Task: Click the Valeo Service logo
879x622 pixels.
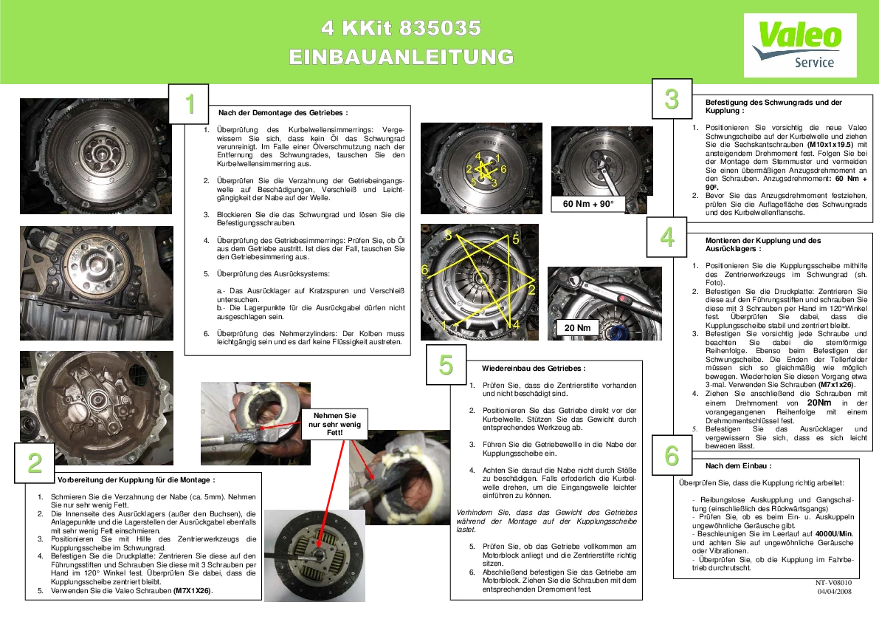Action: tap(800, 45)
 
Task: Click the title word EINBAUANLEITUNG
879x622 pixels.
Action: tap(401, 57)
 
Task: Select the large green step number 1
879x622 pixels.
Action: tap(190, 104)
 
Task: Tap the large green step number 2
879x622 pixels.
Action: tap(35, 462)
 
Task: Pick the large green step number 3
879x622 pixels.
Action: tap(672, 99)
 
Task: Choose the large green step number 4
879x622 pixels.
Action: tap(667, 237)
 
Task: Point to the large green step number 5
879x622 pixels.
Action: tap(446, 365)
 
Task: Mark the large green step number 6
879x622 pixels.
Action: tap(672, 456)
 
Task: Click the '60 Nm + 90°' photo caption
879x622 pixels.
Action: tap(588, 204)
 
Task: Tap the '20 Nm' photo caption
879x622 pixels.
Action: tap(577, 327)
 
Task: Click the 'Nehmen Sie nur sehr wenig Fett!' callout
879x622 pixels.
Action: tap(334, 424)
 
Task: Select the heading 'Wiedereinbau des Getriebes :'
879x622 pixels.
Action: tap(534, 369)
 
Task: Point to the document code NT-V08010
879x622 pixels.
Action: tap(833, 583)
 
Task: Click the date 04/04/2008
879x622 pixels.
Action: tap(834, 591)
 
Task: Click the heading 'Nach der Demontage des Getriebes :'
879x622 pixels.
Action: tap(283, 113)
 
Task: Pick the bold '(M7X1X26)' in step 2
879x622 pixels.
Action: tap(193, 590)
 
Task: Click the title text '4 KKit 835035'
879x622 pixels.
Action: tap(401, 28)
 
